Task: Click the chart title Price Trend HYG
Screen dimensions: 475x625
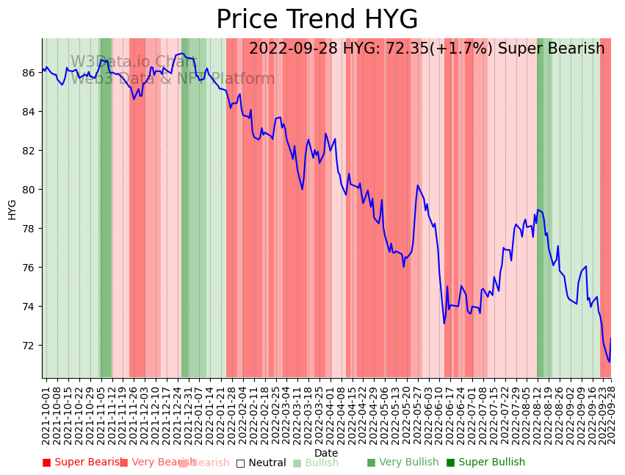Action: point(317,20)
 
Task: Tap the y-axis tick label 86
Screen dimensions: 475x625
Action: point(29,73)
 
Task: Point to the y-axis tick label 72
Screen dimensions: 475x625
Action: point(29,346)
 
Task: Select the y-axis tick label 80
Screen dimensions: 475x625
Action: point(29,190)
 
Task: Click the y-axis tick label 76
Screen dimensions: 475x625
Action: point(29,268)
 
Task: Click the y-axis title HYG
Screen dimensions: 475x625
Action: point(12,209)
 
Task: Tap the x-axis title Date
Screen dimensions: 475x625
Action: point(326,453)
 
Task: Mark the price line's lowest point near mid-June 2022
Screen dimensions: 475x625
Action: point(444,324)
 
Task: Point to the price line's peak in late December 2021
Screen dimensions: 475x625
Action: point(182,54)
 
